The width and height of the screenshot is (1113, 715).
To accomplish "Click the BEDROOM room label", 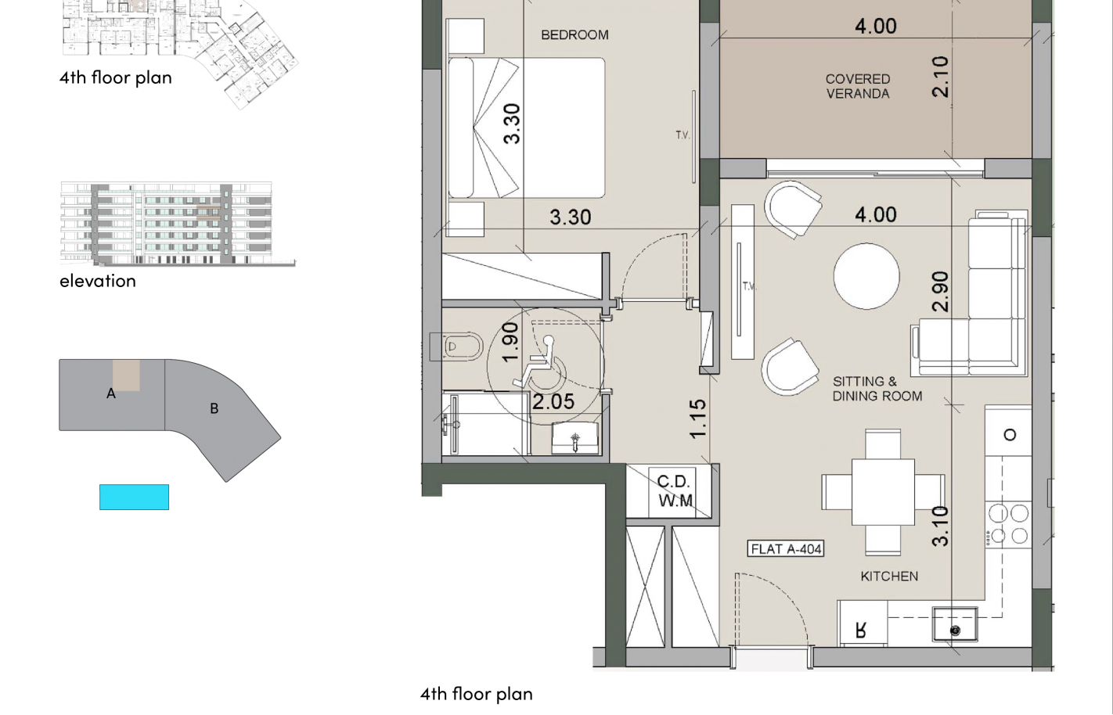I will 575,35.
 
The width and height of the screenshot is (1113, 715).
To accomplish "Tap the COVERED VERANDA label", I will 858,86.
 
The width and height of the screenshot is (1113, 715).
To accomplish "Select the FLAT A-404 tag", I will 786,548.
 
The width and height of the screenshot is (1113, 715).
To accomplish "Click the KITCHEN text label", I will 889,577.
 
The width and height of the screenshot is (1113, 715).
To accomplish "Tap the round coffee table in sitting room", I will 866,276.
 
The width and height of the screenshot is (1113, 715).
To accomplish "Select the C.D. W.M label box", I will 674,491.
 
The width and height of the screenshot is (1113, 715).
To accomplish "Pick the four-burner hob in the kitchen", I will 1008,524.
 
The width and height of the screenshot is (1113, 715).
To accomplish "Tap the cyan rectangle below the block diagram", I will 134,497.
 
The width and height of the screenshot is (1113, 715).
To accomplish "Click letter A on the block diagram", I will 111,393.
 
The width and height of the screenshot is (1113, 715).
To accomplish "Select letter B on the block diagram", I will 214,408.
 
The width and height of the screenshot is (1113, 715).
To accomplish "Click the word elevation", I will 98,281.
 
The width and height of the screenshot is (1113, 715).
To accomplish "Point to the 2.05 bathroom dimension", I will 553,402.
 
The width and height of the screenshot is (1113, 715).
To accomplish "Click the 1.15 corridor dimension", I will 698,419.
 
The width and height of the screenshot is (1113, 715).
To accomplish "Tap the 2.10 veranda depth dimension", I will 941,77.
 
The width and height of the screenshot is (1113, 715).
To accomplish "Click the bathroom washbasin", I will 575,438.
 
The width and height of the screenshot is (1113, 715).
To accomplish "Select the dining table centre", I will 883,491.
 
